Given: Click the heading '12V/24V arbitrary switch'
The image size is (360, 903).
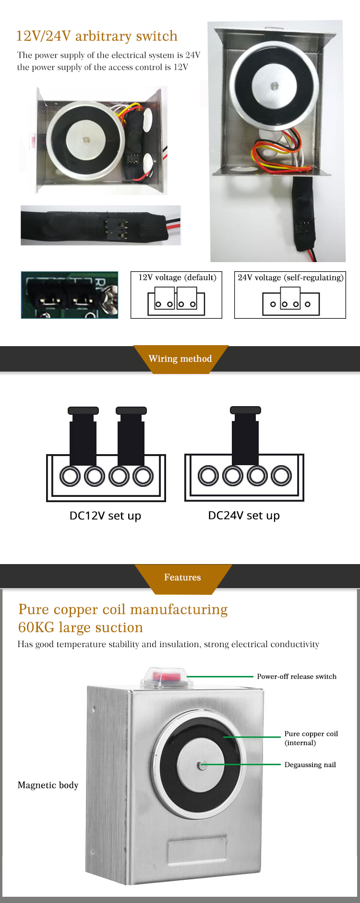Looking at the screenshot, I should click(x=96, y=36).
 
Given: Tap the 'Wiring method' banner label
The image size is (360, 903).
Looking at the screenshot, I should click(x=180, y=359).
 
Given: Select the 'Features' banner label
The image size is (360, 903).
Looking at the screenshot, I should click(x=182, y=577).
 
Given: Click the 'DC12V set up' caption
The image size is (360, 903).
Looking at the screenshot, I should click(x=105, y=516).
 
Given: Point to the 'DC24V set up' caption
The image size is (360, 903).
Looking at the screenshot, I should click(x=244, y=516).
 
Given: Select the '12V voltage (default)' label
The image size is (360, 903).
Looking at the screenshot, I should click(x=177, y=277).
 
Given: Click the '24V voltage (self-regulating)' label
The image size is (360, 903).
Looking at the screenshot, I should click(x=290, y=277).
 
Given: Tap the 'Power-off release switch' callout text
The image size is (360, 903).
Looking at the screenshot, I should click(x=297, y=676).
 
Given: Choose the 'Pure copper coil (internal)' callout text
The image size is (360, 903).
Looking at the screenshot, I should click(x=311, y=738).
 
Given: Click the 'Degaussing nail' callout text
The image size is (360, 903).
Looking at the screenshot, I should click(x=310, y=765).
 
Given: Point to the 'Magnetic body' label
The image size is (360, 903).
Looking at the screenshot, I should click(x=48, y=785).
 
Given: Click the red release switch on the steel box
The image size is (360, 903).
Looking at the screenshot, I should click(x=165, y=676).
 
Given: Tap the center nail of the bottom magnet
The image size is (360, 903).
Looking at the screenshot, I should click(x=203, y=765).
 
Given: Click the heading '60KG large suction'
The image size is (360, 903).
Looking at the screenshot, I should click(x=81, y=627).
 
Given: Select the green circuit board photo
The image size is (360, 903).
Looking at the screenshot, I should click(x=69, y=295).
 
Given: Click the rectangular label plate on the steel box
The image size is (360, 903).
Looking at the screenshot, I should click(x=197, y=850).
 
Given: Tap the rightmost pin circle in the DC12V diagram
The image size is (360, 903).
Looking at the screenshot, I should click(x=143, y=476).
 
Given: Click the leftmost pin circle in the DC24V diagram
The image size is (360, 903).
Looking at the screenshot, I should click(x=208, y=476).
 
